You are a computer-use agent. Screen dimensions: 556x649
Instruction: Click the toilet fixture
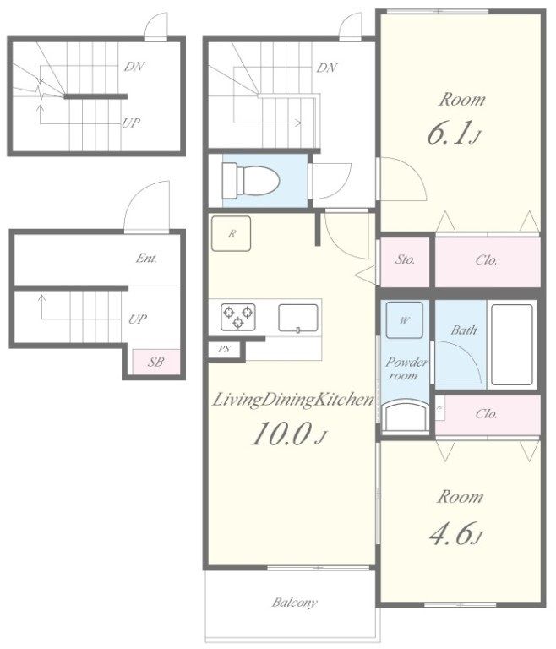pos(251,182)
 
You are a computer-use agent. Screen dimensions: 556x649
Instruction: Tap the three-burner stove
pos(238,317)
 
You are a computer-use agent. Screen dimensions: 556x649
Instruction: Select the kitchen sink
pos(298,318)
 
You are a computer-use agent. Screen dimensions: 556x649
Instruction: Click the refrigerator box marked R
pos(231,233)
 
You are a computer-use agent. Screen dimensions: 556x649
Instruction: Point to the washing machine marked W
pos(405,320)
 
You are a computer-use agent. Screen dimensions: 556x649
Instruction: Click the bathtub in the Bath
pos(512,345)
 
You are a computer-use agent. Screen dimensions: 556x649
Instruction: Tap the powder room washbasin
pos(404,417)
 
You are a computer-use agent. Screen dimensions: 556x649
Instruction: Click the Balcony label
pos(295,603)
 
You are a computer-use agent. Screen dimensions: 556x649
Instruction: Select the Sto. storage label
pos(405,259)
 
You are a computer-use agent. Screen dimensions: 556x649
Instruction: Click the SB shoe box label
pos(155,363)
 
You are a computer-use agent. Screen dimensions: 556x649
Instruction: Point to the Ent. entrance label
pos(146,259)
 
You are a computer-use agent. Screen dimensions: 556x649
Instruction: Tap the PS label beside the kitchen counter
pos(224,349)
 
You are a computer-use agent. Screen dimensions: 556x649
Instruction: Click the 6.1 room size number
pos(453,134)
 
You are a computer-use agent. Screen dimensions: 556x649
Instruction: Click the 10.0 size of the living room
pos(288,434)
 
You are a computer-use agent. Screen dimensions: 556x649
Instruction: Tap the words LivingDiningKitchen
pos(293,401)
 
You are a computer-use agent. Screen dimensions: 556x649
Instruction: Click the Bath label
pos(464,330)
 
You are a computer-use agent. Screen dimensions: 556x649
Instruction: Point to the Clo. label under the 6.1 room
pos(487,260)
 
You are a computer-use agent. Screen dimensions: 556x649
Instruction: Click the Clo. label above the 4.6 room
pos(487,414)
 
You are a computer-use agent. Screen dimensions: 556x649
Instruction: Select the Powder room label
pos(406,368)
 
